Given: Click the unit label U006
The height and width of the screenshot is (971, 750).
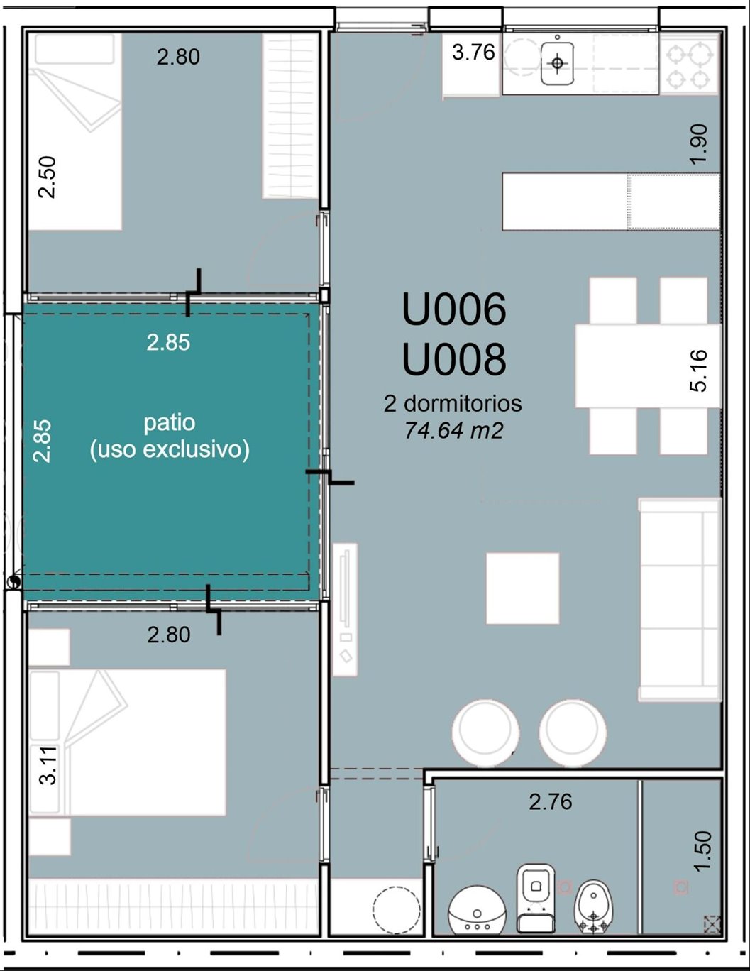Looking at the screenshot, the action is click(454, 309).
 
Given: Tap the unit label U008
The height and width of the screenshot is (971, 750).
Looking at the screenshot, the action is click(454, 360).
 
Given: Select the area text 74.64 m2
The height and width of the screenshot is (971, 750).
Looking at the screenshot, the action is click(454, 431).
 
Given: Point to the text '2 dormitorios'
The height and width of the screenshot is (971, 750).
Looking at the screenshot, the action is click(453, 403).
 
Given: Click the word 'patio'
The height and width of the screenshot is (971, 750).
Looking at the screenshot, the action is click(170, 423).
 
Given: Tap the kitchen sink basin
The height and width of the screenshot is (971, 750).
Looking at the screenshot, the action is click(557, 63).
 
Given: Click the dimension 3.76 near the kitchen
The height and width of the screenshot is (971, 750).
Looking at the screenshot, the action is click(473, 53).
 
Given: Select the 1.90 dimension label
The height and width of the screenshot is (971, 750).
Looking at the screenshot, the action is click(699, 144).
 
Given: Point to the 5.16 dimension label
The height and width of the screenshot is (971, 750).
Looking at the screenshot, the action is click(699, 371).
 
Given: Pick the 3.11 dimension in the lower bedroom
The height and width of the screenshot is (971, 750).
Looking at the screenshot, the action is click(48, 765).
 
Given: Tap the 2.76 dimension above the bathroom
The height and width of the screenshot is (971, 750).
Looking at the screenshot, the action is click(551, 801).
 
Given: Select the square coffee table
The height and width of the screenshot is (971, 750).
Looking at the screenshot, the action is click(523, 588).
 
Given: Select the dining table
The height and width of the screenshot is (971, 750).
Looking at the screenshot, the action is click(648, 366).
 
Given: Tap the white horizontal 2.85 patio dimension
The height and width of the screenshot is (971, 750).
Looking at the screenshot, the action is click(168, 343).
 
